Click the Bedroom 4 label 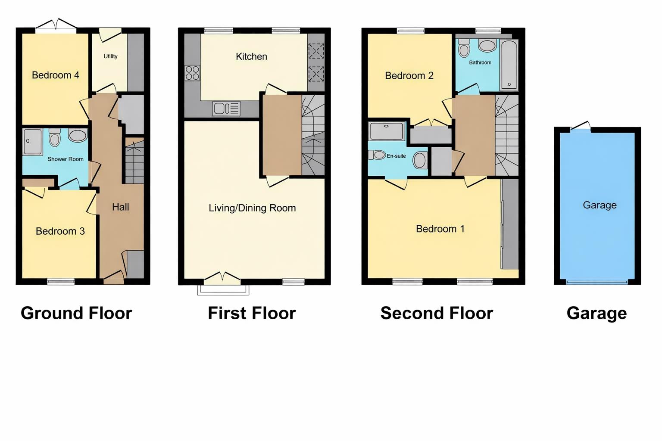coord(56,75)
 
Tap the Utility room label coord(110,56)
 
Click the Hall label coord(120,207)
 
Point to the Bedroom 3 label coord(60,231)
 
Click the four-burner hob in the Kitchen coord(192,73)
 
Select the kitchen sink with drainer coord(226,109)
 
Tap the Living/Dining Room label coord(252,208)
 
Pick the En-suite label coord(396,156)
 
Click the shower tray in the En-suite coord(387,131)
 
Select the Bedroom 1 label coord(440,229)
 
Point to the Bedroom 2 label coord(409,76)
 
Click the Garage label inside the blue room coord(600,205)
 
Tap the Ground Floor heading coord(76,313)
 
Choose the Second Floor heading coord(437,313)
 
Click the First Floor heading coord(252,313)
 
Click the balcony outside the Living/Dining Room coord(223,290)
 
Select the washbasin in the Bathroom coord(487,46)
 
